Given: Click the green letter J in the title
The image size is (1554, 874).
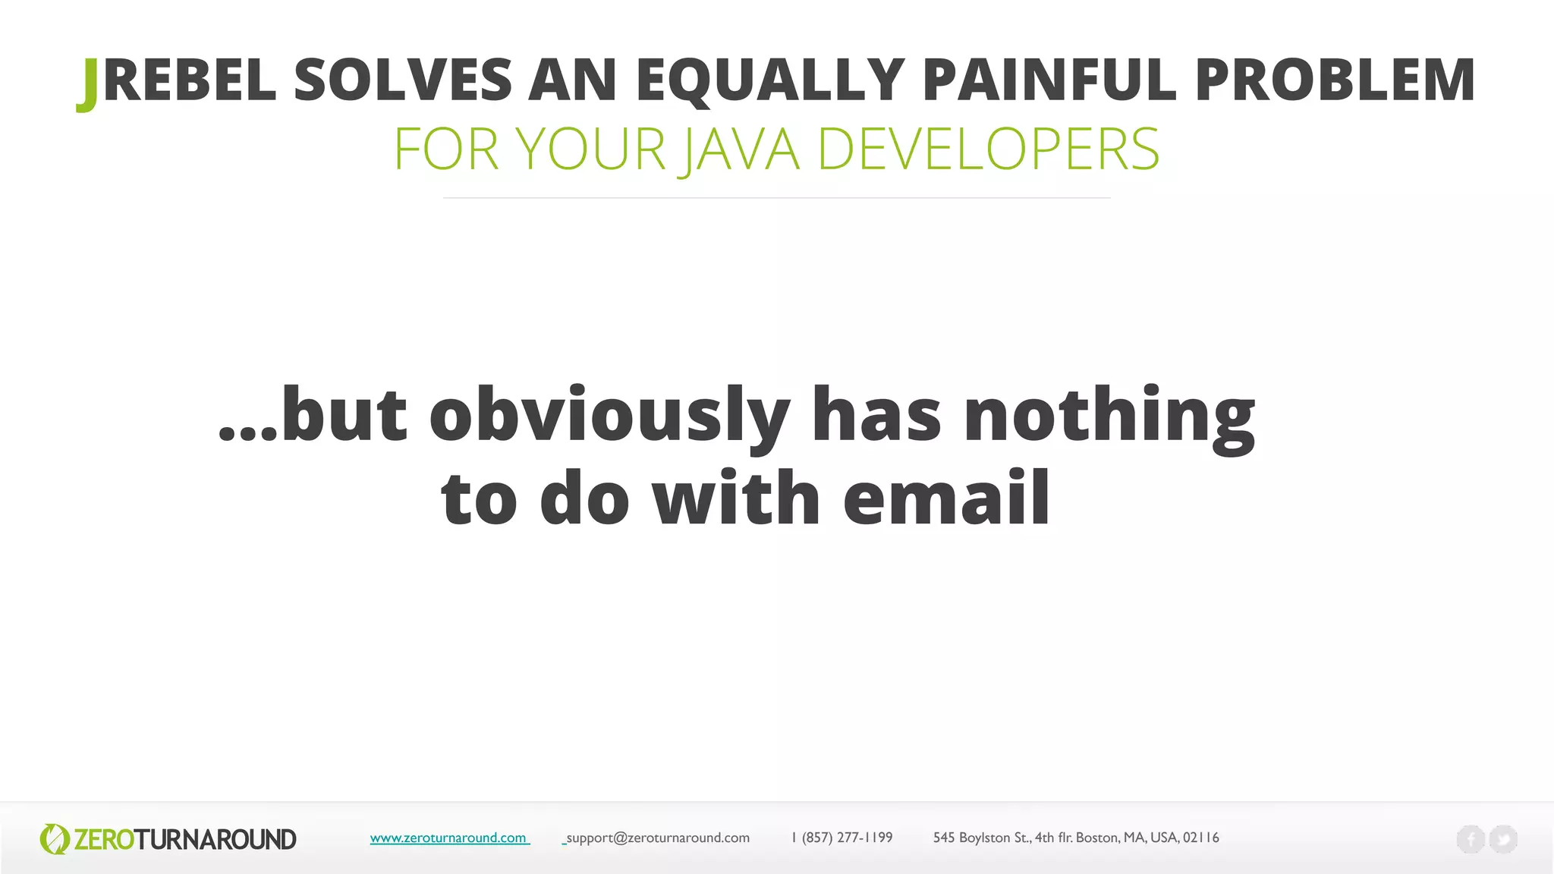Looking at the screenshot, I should tap(88, 83).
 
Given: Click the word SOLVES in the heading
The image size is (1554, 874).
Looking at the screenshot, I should tap(403, 80).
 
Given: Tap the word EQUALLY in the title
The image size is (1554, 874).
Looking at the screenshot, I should tap(770, 80).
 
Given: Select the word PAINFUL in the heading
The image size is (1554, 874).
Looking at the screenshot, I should tap(1049, 80).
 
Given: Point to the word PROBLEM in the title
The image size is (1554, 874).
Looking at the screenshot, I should tap(1335, 80).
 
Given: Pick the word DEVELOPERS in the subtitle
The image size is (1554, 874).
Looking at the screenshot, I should tap(988, 149).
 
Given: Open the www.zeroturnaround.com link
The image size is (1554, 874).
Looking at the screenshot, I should tap(448, 838).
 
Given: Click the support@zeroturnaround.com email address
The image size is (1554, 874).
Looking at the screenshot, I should tap(657, 838).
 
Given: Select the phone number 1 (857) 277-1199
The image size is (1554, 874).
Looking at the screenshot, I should tap(841, 838).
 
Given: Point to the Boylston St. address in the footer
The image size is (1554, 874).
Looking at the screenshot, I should tap(1075, 838).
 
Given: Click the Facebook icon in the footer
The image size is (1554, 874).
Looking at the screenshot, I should tap(1470, 839).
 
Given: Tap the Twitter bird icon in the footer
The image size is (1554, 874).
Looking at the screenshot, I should tap(1503, 839).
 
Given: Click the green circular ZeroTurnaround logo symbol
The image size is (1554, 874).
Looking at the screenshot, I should tap(54, 839).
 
